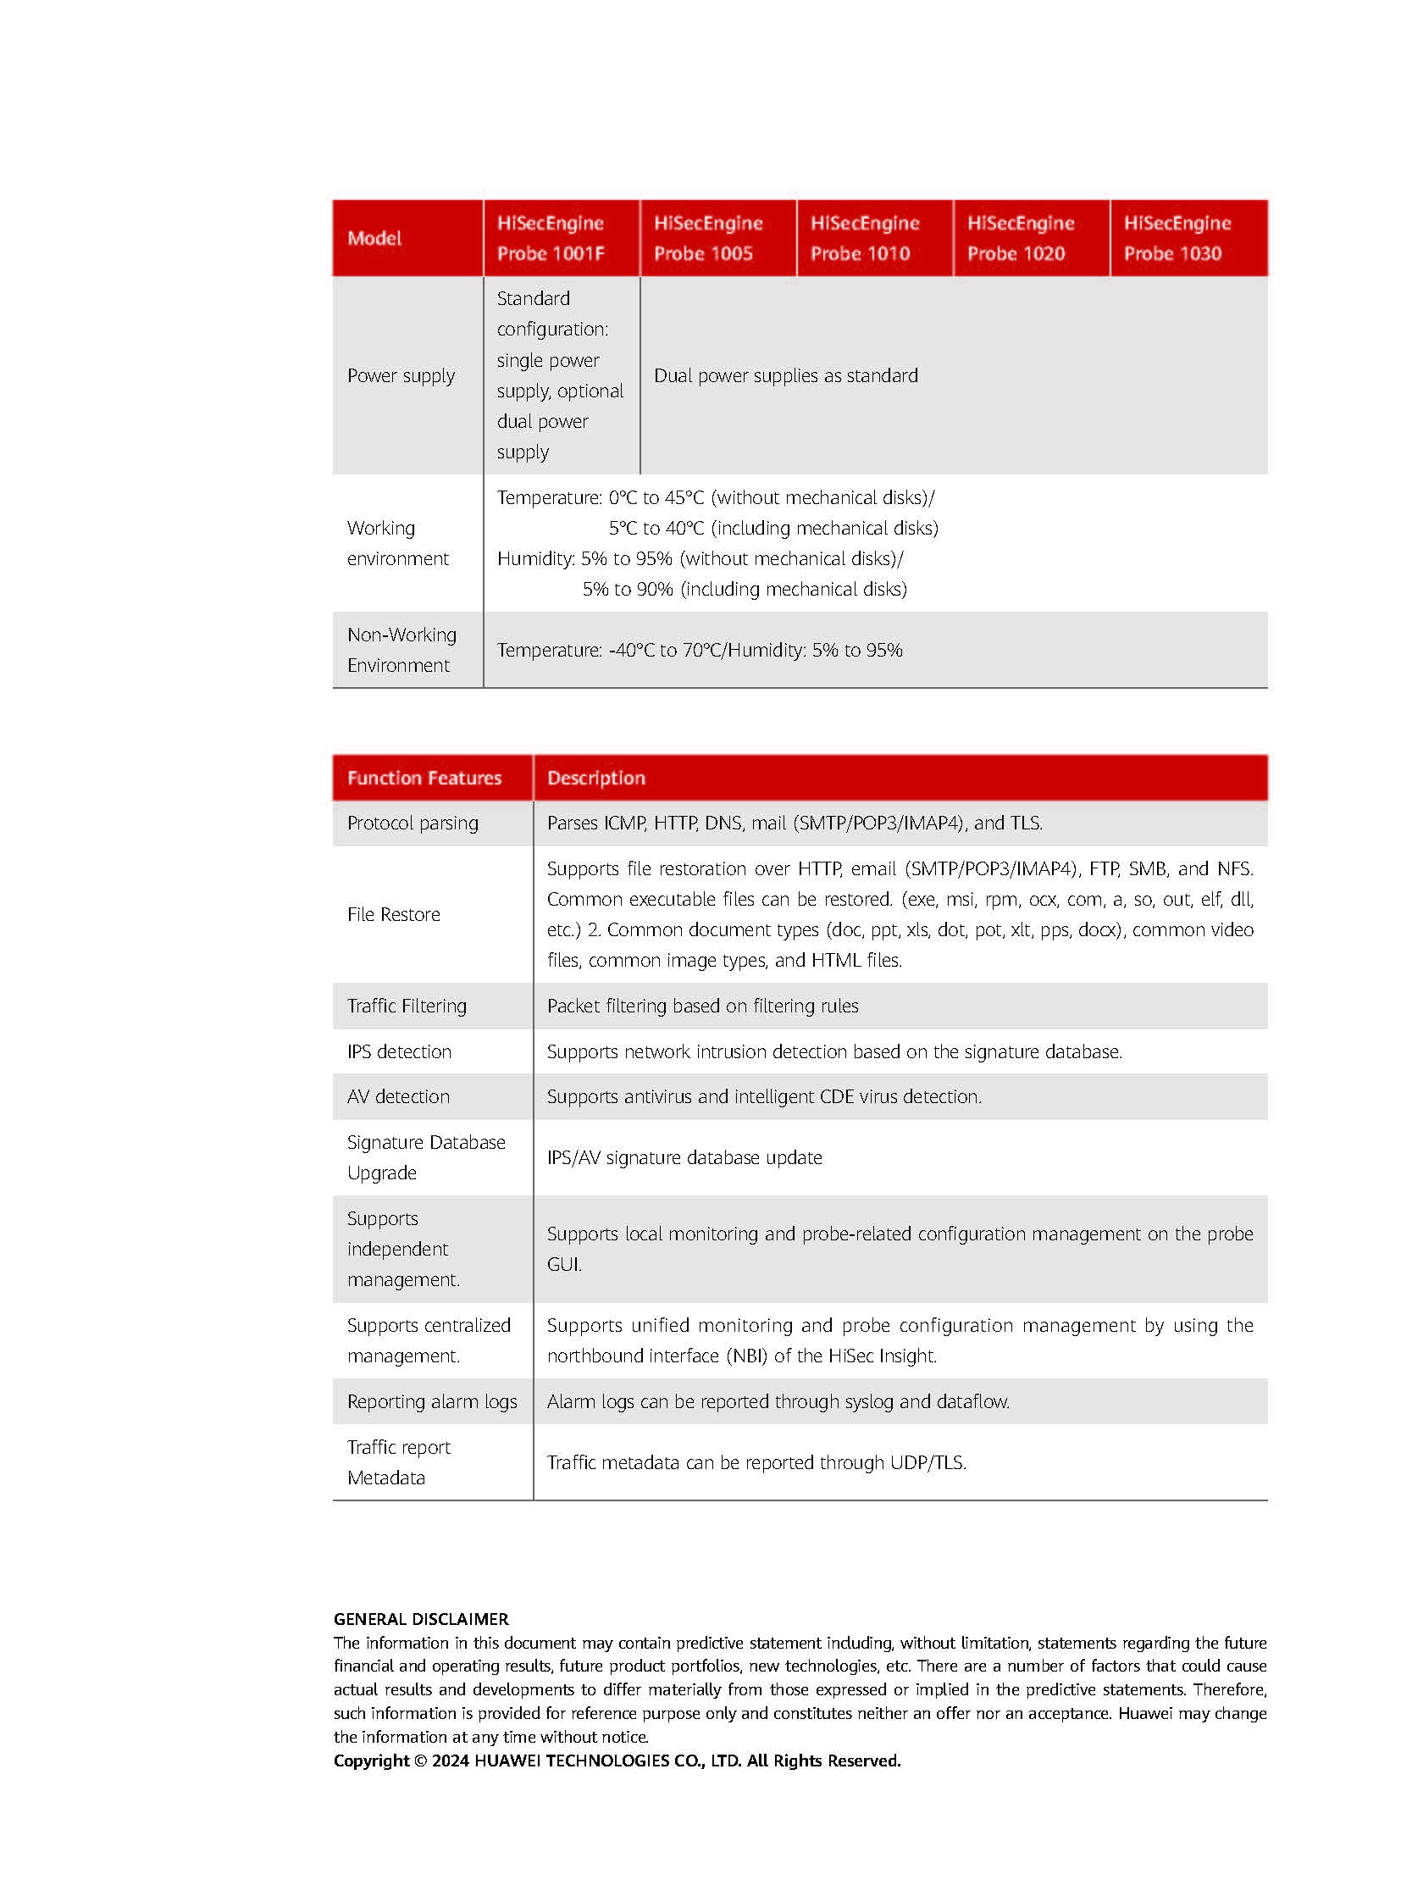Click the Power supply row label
(x=401, y=376)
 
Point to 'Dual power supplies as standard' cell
(x=785, y=376)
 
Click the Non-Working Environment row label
(x=401, y=650)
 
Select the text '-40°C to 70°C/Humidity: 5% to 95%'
(x=755, y=651)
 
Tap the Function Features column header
(x=424, y=778)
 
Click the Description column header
(x=596, y=778)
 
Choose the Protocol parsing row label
(x=413, y=823)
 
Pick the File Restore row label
(x=394, y=914)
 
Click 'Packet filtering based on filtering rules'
(x=702, y=1006)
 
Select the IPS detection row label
(x=399, y=1052)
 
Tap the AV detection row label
(x=398, y=1097)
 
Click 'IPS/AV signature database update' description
(x=684, y=1158)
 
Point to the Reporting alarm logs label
(x=432, y=1401)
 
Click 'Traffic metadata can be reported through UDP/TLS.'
(x=756, y=1462)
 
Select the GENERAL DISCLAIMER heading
(x=421, y=1619)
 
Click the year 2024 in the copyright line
(x=451, y=1761)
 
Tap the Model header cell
(x=374, y=238)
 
